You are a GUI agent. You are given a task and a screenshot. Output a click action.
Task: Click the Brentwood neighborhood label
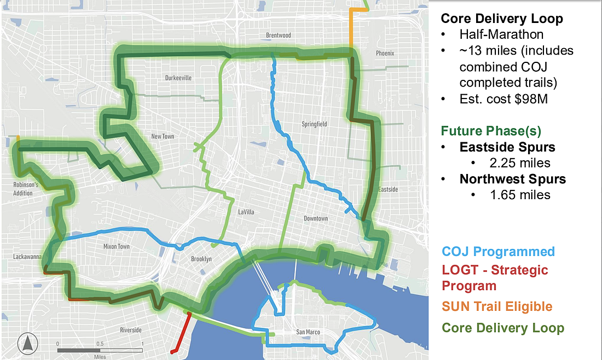click(278, 36)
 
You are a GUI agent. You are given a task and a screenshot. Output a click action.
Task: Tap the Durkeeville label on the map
click(178, 78)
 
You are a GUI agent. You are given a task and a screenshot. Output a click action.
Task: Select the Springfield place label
click(314, 124)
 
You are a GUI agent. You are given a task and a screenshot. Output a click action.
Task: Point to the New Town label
click(163, 136)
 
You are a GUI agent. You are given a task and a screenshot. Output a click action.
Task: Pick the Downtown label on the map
click(316, 219)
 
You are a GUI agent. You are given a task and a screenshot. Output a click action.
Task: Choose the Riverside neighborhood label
click(130, 330)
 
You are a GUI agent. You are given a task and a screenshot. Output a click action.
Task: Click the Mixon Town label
click(117, 247)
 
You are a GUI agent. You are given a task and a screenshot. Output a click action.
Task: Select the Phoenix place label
click(385, 54)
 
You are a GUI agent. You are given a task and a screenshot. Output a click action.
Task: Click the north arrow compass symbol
click(27, 344)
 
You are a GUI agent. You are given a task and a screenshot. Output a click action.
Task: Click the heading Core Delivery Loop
click(501, 19)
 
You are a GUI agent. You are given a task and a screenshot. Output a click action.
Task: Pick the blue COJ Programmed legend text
click(498, 252)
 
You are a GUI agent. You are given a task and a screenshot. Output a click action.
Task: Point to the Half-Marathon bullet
click(501, 35)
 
